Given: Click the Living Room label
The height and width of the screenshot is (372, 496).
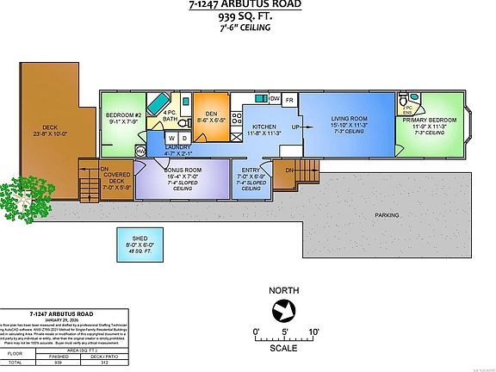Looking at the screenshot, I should [349, 118].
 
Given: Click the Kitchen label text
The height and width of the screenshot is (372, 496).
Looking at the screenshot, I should [265, 127].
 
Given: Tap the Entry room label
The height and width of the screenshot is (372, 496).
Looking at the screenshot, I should [251, 170].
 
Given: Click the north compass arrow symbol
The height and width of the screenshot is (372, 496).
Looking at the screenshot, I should [283, 311].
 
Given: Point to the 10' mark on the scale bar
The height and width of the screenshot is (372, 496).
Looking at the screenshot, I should [314, 332].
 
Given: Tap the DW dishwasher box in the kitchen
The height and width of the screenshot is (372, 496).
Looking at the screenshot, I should [274, 99].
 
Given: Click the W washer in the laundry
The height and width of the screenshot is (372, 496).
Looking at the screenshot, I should [170, 137].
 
